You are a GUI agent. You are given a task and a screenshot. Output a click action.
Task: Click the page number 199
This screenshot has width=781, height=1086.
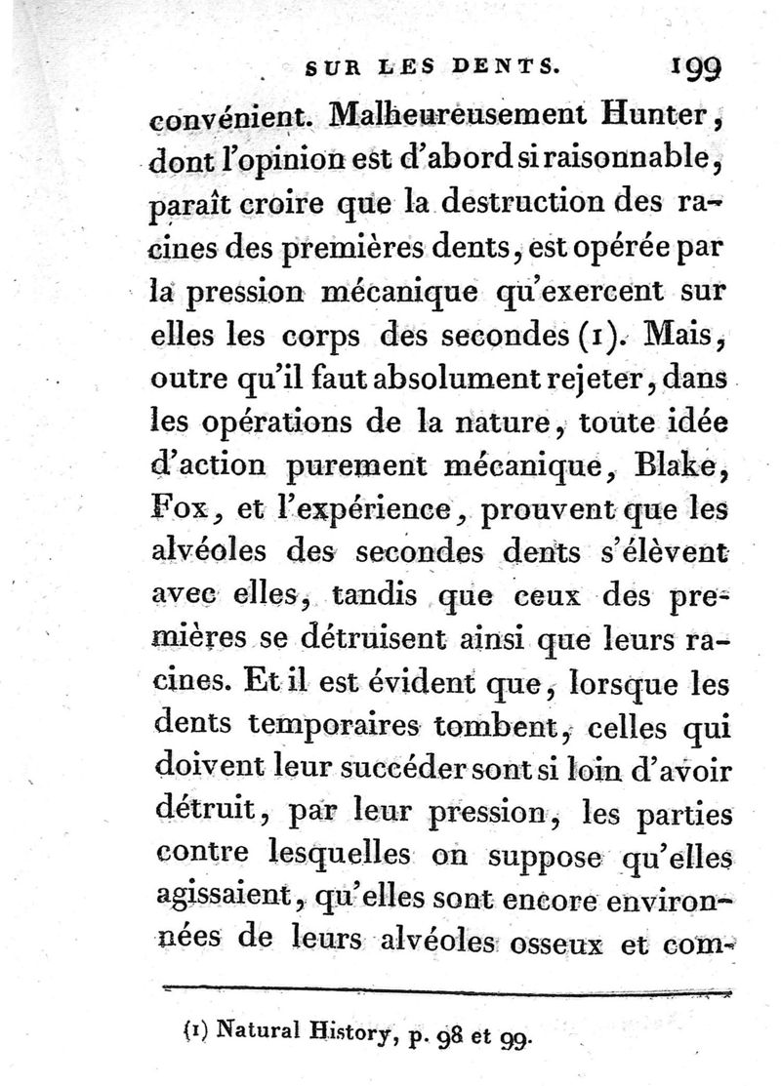click(695, 68)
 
